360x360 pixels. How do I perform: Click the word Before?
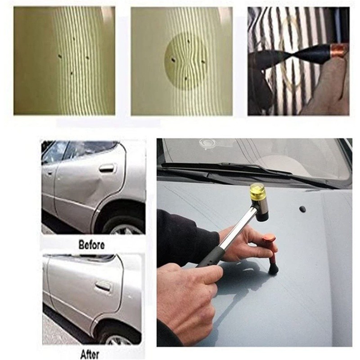pos(92,245)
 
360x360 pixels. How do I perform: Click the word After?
pos(90,354)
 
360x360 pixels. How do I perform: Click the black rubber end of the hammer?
pos(262,216)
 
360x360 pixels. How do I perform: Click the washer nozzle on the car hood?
pos(302,209)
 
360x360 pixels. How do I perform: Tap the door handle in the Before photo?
pos(108,168)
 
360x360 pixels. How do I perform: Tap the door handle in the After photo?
pos(103,286)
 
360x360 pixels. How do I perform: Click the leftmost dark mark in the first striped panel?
pos(60,56)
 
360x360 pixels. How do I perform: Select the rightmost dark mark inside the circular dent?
pos(203,61)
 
